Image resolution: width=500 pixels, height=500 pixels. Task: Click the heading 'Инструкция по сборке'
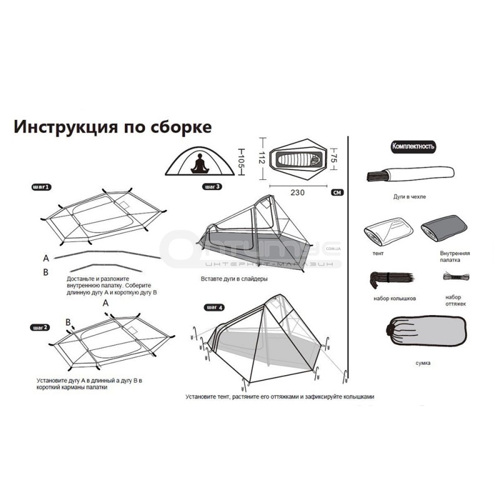click(x=112, y=127)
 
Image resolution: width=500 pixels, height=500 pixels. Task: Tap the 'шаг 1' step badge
click(x=41, y=187)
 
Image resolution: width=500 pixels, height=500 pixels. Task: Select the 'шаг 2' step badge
click(x=40, y=327)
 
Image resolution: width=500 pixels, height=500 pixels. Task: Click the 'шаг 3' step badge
click(x=212, y=186)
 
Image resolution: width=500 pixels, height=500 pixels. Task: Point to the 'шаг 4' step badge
click(x=214, y=307)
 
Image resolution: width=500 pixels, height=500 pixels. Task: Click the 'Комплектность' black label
click(x=413, y=146)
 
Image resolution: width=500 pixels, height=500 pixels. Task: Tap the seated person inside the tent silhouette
click(x=199, y=164)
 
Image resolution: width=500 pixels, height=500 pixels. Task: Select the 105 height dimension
click(x=241, y=162)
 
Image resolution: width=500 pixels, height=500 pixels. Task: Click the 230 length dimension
click(x=297, y=192)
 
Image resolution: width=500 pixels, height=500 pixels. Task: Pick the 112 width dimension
click(x=262, y=158)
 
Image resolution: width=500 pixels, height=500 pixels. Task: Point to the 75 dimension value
click(x=333, y=159)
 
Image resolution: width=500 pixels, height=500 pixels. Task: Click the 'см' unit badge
click(x=337, y=192)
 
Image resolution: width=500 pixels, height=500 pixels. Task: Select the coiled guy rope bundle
click(x=456, y=276)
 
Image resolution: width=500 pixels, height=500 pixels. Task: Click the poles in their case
click(x=411, y=174)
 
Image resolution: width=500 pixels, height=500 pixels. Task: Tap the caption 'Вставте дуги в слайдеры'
click(x=234, y=279)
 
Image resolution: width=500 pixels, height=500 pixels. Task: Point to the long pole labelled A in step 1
click(x=107, y=254)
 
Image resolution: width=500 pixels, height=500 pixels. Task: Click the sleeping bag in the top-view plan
click(x=299, y=159)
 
